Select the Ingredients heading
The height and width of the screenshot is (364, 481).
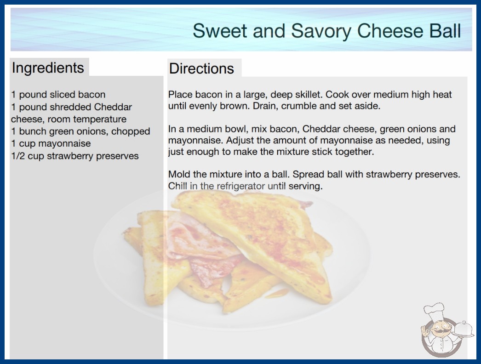point(48,68)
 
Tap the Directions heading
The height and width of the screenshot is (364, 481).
point(201,68)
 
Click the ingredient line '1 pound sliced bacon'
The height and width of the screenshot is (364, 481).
point(58,95)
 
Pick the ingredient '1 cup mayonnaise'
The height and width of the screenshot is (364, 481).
point(51,143)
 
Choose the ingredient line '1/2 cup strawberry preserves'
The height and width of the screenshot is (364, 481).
point(75,156)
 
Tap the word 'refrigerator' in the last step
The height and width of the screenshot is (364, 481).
point(240,186)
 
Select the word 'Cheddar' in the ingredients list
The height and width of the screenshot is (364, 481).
point(113,107)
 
